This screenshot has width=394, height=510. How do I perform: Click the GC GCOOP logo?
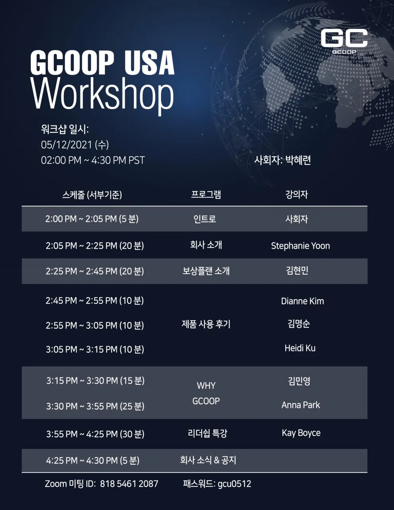click(x=344, y=41)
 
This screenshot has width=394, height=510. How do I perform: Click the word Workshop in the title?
click(x=102, y=97)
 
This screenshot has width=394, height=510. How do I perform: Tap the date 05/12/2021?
click(x=67, y=145)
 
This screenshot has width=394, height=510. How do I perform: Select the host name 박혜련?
click(x=298, y=160)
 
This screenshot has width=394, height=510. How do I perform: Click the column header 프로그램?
click(x=206, y=194)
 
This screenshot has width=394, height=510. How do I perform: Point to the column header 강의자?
click(x=297, y=194)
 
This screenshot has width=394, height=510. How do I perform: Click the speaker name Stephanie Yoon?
click(x=300, y=246)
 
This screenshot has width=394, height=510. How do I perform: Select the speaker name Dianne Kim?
click(x=302, y=301)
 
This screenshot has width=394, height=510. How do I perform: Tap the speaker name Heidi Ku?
click(x=300, y=348)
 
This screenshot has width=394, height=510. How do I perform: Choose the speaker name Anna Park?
click(x=301, y=405)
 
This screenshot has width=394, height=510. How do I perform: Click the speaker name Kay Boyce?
click(x=301, y=433)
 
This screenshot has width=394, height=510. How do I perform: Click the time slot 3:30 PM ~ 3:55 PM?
click(x=82, y=406)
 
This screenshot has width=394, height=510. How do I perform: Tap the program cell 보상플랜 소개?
click(x=206, y=271)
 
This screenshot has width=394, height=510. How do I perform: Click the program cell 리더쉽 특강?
click(x=208, y=433)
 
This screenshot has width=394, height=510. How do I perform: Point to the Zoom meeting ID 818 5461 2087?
click(x=129, y=484)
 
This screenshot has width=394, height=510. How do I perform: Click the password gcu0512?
click(x=234, y=484)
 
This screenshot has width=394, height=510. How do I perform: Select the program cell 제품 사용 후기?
click(x=206, y=324)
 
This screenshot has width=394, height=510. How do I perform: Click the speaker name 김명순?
click(x=298, y=324)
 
